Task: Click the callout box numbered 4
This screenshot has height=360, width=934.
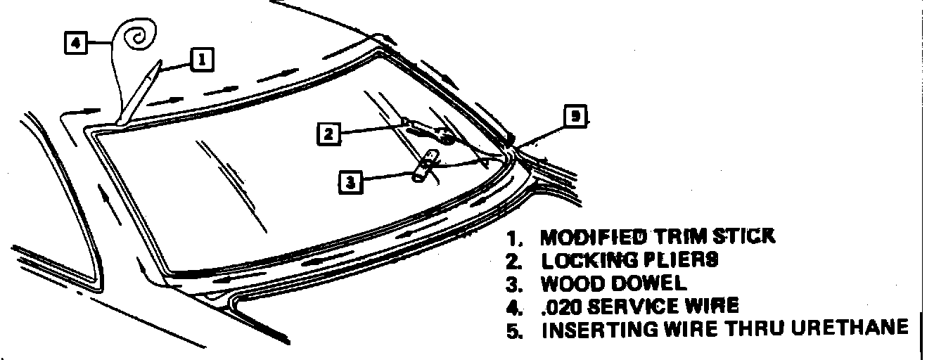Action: point(76,43)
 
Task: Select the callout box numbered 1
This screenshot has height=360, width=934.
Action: point(201,60)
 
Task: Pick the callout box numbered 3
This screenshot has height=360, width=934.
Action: point(350,182)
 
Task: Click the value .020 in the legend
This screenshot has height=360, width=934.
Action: point(560,307)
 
